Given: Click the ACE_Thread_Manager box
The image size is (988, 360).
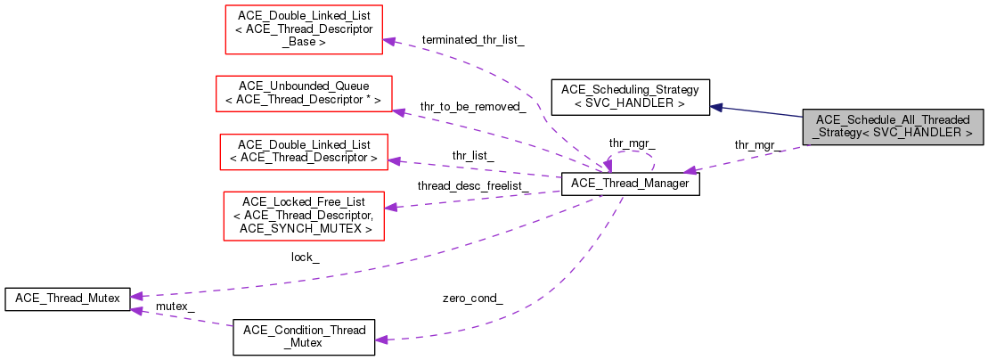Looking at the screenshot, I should (630, 184).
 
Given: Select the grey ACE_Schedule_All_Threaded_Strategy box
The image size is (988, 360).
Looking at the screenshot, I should (893, 127).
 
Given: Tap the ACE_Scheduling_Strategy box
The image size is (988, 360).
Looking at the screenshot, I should (631, 97).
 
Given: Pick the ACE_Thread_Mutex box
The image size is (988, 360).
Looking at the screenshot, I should (68, 299).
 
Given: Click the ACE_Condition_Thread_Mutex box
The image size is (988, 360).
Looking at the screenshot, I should (304, 337).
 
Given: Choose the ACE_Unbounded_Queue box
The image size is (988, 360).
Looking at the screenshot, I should (304, 93).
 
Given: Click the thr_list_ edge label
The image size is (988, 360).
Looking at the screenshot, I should (473, 155).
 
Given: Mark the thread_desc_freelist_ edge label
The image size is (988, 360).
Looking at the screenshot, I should (474, 185).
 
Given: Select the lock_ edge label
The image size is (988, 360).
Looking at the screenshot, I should (306, 257).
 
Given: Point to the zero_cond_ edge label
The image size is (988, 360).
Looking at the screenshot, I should (472, 298).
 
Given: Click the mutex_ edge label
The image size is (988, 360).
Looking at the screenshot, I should (175, 306).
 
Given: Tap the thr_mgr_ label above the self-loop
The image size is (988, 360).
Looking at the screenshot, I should (632, 143).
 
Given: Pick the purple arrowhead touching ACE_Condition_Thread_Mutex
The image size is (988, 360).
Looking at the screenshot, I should (381, 339).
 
